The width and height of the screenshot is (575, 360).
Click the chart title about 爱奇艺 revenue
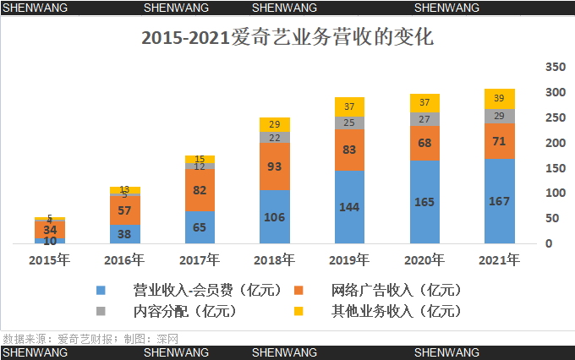pyautogui.click(x=287, y=38)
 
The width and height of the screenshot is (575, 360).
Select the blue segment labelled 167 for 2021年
pyautogui.click(x=499, y=201)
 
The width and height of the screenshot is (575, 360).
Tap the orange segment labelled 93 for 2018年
pyautogui.click(x=275, y=166)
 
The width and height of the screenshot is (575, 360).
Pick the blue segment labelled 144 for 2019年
pyautogui.click(x=349, y=207)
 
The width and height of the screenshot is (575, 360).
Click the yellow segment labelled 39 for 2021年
pyautogui.click(x=499, y=98)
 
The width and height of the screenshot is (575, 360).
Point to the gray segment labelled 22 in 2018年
pyautogui.click(x=275, y=137)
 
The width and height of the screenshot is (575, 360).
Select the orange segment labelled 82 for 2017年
pyautogui.click(x=200, y=190)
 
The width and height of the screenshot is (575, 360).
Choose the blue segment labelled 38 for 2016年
pyautogui.click(x=125, y=234)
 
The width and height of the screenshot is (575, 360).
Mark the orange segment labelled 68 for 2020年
pyautogui.click(x=424, y=144)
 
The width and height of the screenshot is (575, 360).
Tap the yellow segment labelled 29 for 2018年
pyautogui.click(x=275, y=124)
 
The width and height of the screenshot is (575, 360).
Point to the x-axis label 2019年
pyautogui.click(x=349, y=259)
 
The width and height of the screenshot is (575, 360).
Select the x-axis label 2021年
pyautogui.click(x=499, y=259)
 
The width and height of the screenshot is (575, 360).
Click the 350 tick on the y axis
pyautogui.click(x=554, y=67)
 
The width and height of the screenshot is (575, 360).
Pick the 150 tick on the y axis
pyautogui.click(x=554, y=167)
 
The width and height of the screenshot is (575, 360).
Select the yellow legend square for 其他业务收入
pyautogui.click(x=298, y=311)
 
